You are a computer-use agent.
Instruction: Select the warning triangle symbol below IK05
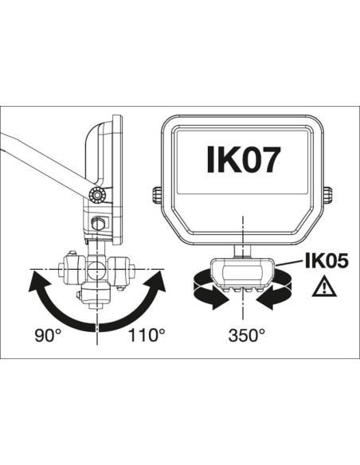coord(325,287)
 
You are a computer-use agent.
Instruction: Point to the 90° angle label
coord(47,334)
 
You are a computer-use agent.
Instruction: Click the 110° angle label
coord(147,334)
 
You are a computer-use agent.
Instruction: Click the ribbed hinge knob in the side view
coord(98,195)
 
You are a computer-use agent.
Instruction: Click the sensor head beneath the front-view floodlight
coord(242,273)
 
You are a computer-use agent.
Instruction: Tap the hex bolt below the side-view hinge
coord(100,224)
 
